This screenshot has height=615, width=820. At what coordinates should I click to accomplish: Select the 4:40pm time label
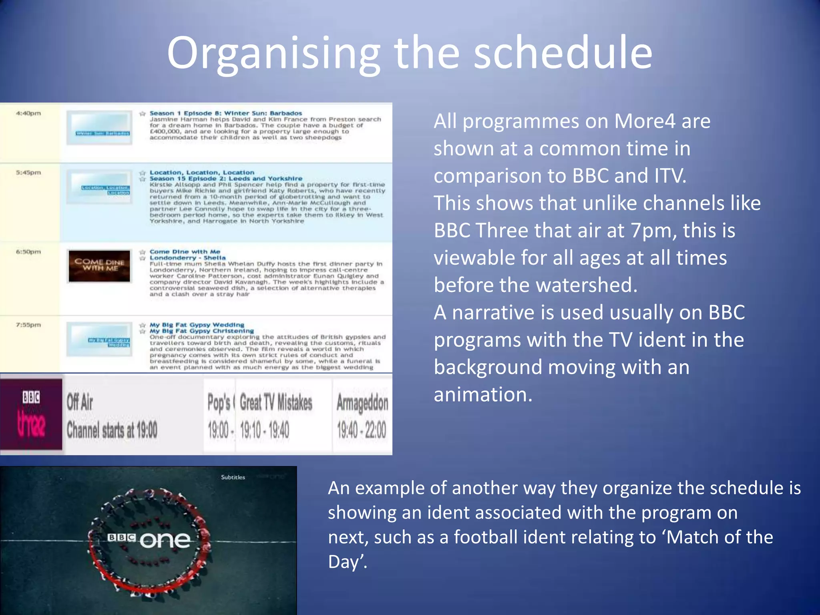[x=28, y=113]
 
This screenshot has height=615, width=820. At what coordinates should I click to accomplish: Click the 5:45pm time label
[x=28, y=173]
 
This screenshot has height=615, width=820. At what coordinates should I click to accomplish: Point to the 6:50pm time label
[x=28, y=252]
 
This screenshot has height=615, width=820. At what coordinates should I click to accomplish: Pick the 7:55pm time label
[x=28, y=325]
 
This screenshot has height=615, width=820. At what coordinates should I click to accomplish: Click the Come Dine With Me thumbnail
[x=99, y=266]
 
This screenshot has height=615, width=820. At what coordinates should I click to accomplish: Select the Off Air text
[x=80, y=402]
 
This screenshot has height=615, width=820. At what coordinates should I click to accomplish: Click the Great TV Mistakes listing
[x=276, y=402]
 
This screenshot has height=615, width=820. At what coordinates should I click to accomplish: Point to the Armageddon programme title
[x=362, y=402]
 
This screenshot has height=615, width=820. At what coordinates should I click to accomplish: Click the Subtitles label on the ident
[x=233, y=477]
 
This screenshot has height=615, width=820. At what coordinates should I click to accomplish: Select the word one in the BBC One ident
[x=165, y=541]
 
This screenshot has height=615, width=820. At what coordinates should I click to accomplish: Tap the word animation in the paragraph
[x=482, y=395]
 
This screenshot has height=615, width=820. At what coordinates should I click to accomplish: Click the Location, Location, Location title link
[x=202, y=173]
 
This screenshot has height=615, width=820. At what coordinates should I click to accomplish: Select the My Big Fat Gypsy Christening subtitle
[x=202, y=331]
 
